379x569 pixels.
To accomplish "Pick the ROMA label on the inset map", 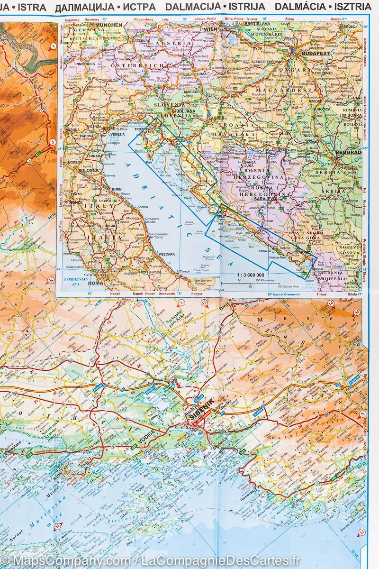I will (95, 283).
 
